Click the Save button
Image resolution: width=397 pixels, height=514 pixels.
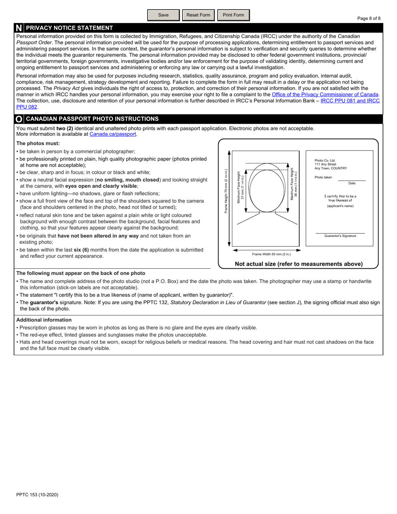tap(163, 15)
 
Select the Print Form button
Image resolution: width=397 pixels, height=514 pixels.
tap(233, 15)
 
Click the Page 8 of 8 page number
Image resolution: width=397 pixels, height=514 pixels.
tap(369, 18)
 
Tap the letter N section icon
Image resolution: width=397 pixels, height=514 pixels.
tap(19, 28)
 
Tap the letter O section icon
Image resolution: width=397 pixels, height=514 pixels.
tap(19, 119)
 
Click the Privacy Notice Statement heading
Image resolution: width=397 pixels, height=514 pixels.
tap(69, 28)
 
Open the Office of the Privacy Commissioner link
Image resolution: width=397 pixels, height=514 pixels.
tap(325, 94)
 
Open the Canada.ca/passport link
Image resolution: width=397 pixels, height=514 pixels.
tap(113, 134)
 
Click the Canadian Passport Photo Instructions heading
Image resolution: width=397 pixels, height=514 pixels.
tap(92, 119)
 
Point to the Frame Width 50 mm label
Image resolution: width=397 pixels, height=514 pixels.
tap(271, 254)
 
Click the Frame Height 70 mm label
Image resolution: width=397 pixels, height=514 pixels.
tap(226, 191)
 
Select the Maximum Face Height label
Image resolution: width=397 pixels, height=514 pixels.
tap(294, 184)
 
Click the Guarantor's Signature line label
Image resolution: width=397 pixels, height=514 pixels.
tap(340, 236)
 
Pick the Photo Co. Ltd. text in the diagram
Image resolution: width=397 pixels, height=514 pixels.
tap(325, 160)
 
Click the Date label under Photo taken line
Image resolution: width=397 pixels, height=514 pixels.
tap(352, 183)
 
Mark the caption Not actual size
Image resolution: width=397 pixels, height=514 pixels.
tap(298, 264)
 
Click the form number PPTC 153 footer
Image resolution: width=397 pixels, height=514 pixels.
tap(37, 495)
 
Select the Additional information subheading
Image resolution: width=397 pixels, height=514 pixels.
tap(44, 320)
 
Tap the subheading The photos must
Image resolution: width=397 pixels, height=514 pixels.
tap(38, 143)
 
